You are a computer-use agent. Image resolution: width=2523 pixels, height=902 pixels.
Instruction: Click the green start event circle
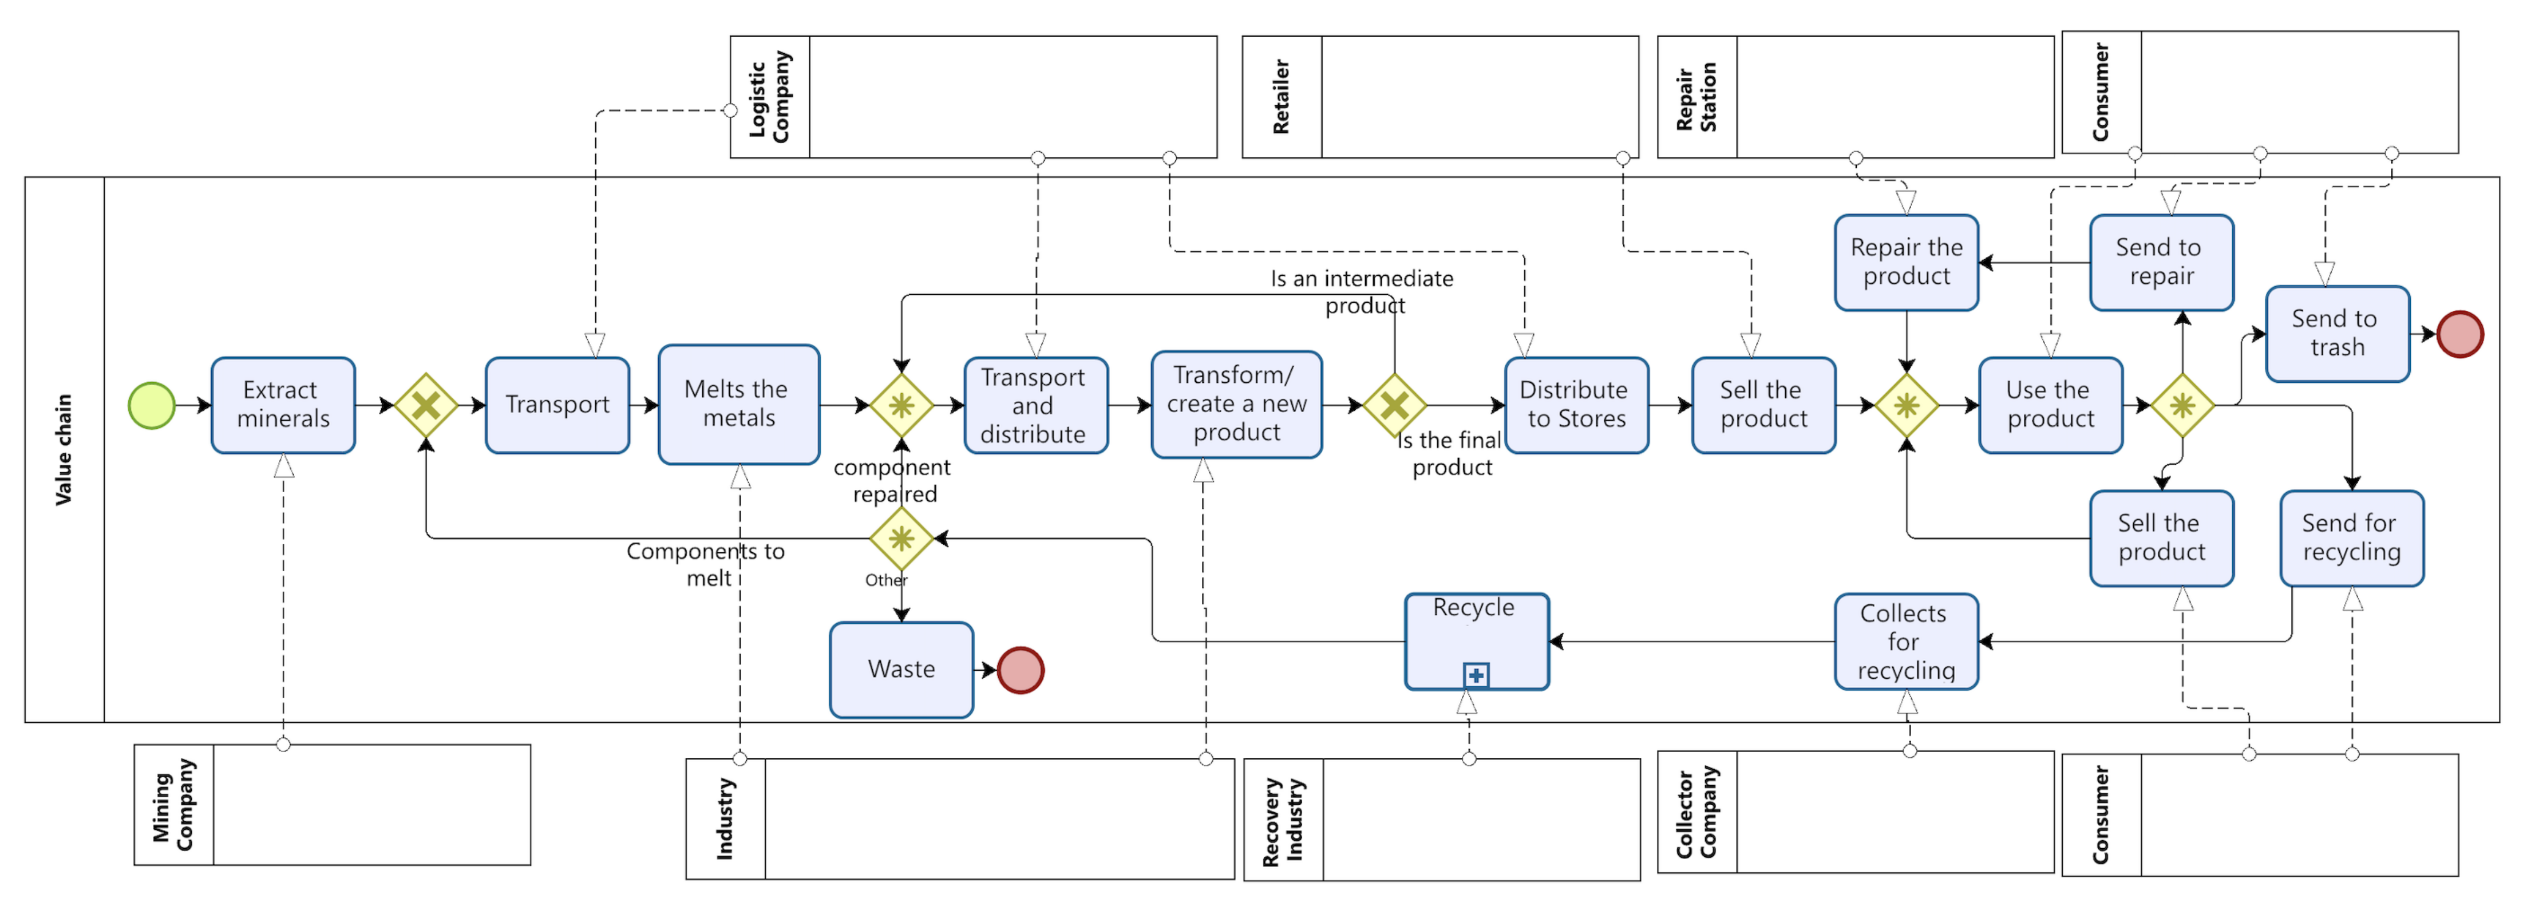[x=152, y=405]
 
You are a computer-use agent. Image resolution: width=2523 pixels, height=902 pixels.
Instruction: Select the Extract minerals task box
[x=283, y=405]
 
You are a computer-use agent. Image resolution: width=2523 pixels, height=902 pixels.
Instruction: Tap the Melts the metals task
[x=738, y=403]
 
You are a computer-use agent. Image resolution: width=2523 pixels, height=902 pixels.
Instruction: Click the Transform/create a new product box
[x=1236, y=403]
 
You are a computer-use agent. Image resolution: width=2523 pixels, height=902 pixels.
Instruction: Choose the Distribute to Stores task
[x=1576, y=405]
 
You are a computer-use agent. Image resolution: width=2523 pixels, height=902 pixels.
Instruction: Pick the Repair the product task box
[x=1906, y=262]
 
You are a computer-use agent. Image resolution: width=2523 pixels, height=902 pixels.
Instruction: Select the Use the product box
[x=2050, y=405]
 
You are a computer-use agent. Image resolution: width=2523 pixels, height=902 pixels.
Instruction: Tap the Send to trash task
[x=2337, y=333]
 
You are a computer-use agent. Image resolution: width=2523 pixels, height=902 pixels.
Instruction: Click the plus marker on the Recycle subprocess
[x=1476, y=675]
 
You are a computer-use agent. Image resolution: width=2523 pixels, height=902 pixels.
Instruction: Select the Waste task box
[x=901, y=670]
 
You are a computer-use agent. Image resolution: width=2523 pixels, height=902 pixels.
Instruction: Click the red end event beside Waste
[x=1021, y=670]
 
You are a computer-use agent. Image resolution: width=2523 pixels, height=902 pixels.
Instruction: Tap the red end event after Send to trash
[x=2459, y=334]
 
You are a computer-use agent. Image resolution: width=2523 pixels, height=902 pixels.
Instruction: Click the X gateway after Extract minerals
[x=425, y=405]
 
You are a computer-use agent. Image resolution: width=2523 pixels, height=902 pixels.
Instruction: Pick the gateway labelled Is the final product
[x=1394, y=405]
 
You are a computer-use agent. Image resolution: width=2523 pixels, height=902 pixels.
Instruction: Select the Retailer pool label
[x=1281, y=96]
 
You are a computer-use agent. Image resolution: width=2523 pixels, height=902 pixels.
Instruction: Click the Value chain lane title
[x=64, y=449]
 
